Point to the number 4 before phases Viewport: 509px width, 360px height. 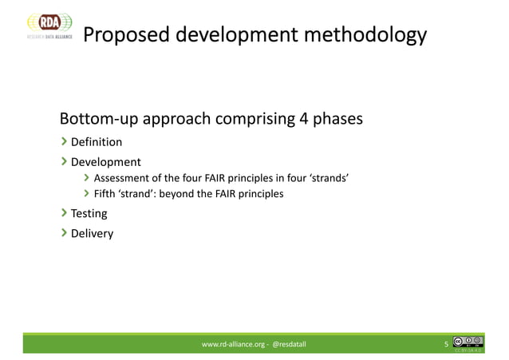pos(303,120)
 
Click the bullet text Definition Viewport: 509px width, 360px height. pos(97,143)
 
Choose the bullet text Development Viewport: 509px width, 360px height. pos(106,162)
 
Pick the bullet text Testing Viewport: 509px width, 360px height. pos(89,214)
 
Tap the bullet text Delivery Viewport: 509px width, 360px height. pos(93,234)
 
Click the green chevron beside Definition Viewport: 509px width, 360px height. pos(64,143)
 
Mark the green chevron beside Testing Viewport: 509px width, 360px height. pos(64,214)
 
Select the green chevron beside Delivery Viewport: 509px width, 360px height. pos(64,234)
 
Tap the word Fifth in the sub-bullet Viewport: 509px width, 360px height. pos(105,194)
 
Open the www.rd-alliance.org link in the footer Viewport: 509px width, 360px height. pos(234,344)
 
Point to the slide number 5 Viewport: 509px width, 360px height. pos(446,345)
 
